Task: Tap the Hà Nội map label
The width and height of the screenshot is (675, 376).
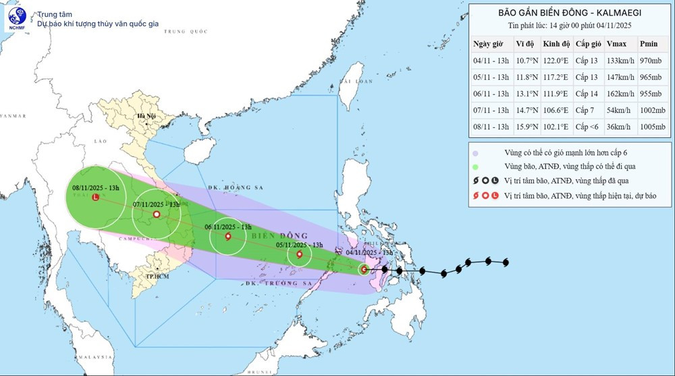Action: click(x=146, y=116)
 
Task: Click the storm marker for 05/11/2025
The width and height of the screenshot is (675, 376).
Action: click(x=299, y=255)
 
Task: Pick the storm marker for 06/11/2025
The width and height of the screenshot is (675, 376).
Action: click(x=227, y=237)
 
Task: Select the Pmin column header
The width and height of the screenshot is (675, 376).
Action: click(x=649, y=44)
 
